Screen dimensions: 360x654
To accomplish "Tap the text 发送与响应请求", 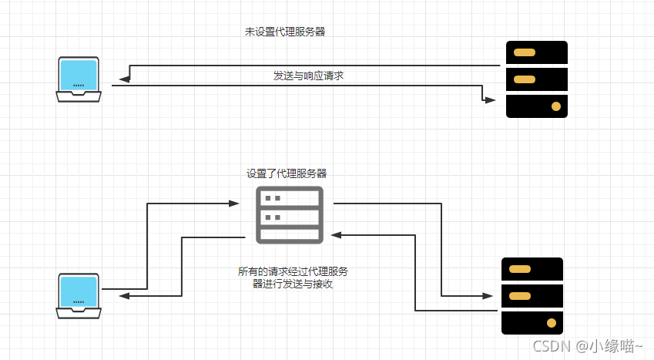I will (307, 75).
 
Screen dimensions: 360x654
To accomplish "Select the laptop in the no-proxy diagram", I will (78, 79).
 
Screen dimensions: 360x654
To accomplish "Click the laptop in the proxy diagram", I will (78, 295).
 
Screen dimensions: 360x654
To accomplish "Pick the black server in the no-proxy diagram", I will (536, 79).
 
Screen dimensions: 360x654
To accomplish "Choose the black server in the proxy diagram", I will (532, 296).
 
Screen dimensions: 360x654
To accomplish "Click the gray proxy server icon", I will (289, 214).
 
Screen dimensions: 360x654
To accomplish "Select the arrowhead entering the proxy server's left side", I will (235, 204).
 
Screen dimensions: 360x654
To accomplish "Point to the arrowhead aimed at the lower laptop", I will (124, 295).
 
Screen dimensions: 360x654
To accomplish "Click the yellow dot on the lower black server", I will (551, 322).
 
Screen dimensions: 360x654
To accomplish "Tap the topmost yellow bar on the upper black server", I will (525, 53).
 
